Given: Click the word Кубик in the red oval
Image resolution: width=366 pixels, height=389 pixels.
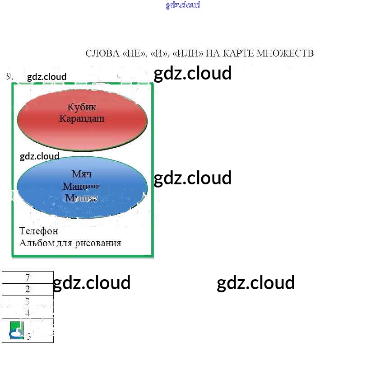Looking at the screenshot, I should (82, 107).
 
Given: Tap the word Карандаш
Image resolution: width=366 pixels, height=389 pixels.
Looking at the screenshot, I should (82, 119).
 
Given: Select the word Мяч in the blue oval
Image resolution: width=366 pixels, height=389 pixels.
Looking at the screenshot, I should (82, 174).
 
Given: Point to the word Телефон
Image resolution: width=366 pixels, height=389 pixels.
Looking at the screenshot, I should (39, 231).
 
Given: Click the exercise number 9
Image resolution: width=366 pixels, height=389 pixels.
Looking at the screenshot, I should (9, 76).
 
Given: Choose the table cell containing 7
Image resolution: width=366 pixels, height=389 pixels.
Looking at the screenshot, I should (28, 277).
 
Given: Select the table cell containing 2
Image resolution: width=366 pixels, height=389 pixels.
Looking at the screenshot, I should (28, 289).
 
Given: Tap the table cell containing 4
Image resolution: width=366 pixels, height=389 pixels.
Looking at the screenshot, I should (28, 313).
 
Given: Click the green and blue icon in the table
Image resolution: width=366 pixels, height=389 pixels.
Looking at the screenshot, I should (17, 331).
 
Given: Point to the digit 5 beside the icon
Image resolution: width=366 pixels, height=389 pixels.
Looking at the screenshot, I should (29, 337).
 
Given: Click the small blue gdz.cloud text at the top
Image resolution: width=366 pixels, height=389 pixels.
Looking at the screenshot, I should (183, 5).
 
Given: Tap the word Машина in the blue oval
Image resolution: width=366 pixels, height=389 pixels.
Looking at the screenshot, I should (81, 186).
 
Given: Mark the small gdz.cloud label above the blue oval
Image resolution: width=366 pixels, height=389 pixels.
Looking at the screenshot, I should (40, 156).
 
